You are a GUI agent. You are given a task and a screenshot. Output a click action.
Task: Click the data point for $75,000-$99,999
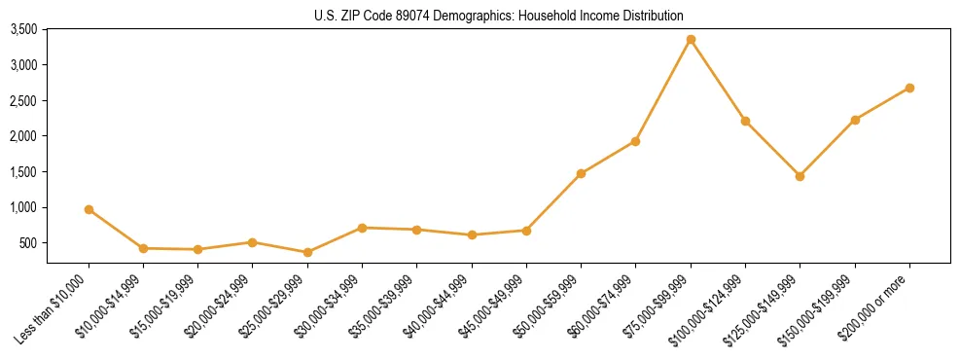coord(691,40)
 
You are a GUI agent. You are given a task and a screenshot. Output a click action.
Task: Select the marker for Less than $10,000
coord(89,209)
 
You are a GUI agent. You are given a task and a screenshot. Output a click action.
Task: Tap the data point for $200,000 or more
coord(909,88)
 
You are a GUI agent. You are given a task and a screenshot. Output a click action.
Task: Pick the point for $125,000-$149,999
coord(800,176)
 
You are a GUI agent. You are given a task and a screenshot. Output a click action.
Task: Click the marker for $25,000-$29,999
coord(307,252)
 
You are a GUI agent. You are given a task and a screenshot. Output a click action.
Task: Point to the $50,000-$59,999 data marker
coord(581,173)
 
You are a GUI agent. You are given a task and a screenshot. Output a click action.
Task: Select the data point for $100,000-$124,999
coord(745,121)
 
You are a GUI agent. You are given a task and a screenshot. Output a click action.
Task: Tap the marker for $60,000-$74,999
coord(635,141)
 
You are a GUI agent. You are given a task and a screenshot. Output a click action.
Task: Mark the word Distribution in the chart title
coord(652,16)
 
